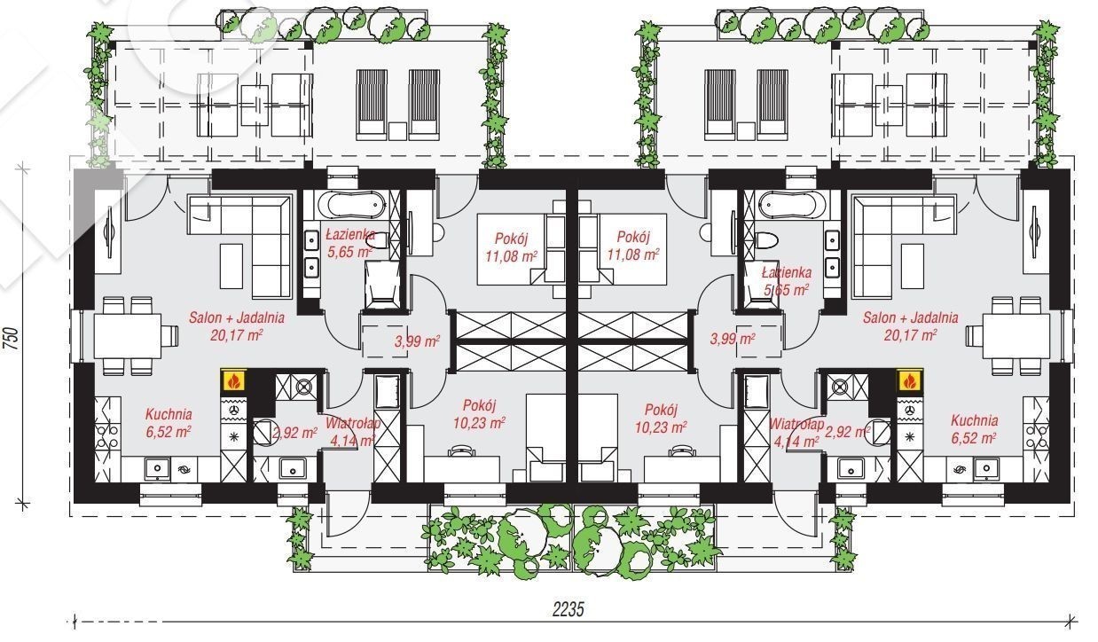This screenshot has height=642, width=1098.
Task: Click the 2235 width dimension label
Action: (569, 610)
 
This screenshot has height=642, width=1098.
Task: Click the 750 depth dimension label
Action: (12, 338)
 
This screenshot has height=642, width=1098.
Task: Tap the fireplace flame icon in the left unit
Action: (234, 380)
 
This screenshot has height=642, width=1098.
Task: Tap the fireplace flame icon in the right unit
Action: (910, 380)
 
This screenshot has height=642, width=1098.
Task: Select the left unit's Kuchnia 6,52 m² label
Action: (169, 423)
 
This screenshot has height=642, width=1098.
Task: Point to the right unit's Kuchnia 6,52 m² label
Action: (974, 429)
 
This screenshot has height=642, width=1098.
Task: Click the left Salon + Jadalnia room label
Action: (237, 326)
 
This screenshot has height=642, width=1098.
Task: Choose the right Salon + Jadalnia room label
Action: (910, 326)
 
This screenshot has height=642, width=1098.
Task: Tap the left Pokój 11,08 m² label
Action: (511, 247)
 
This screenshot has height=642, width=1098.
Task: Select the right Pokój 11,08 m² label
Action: (633, 245)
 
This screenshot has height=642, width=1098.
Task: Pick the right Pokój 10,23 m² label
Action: (661, 418)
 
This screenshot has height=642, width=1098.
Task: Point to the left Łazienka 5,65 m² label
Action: (350, 243)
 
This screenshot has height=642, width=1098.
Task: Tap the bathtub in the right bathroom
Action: (790, 204)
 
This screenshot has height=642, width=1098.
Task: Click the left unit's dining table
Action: (127, 336)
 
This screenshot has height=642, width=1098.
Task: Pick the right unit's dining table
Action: (1016, 336)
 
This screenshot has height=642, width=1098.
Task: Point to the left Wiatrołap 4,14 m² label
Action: (352, 432)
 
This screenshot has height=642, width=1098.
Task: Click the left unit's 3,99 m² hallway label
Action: (417, 341)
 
